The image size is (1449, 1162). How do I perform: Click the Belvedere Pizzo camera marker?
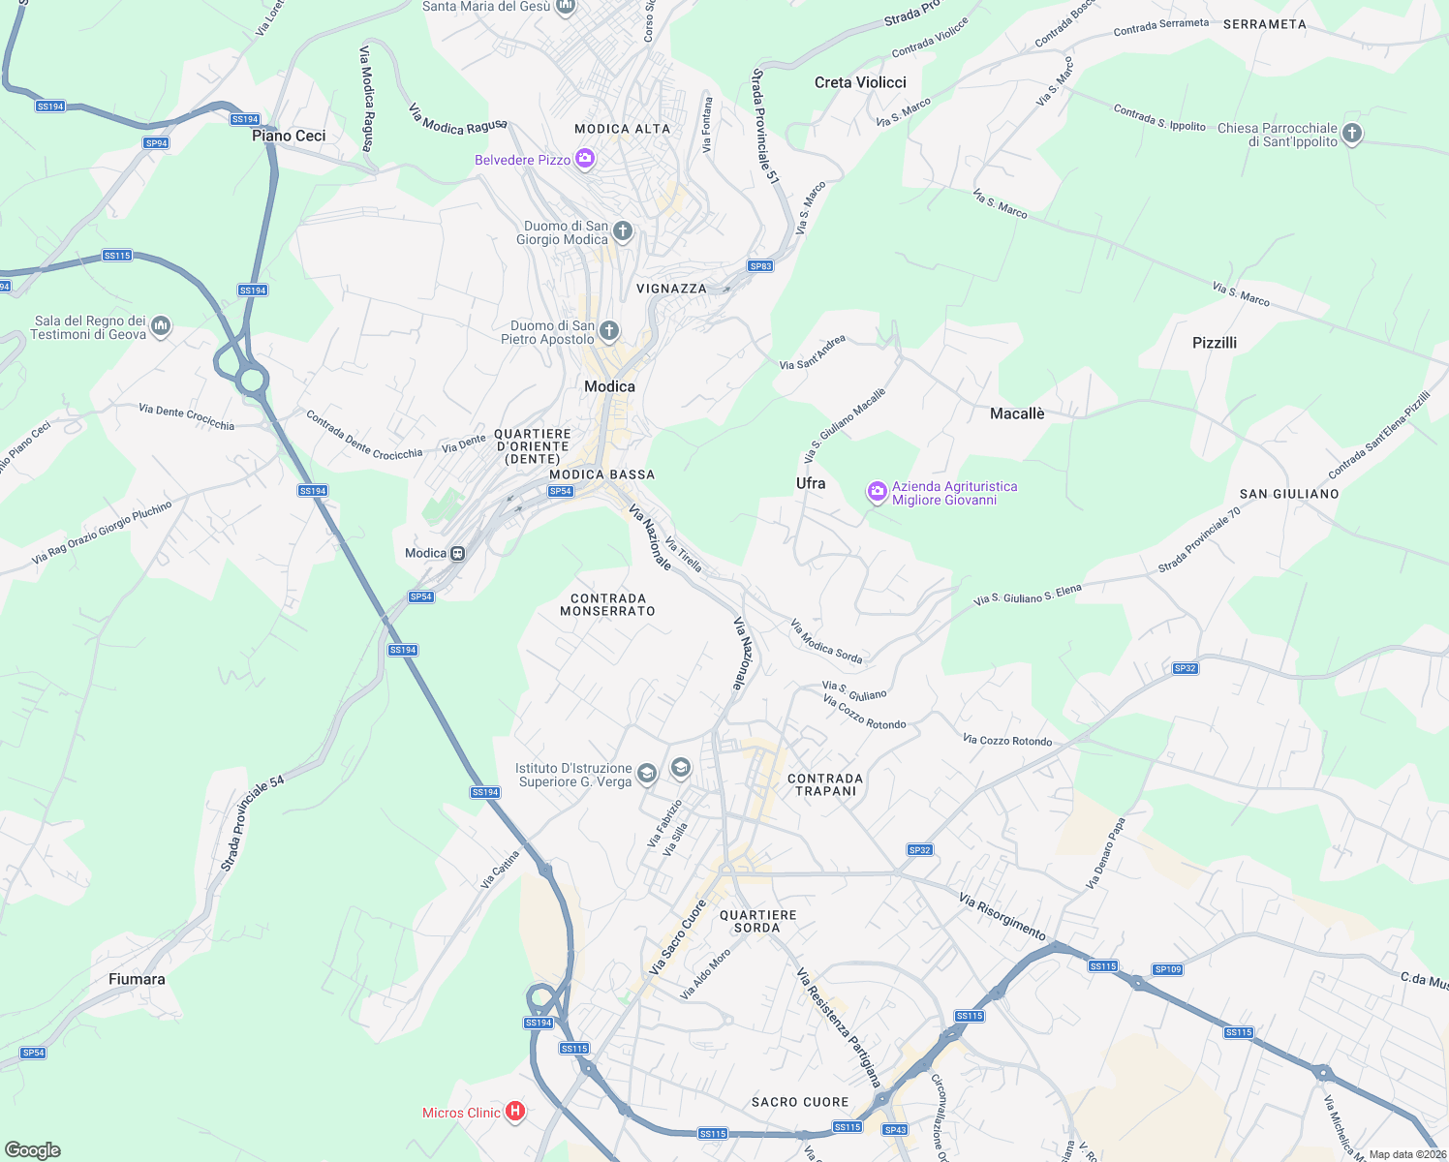point(584,159)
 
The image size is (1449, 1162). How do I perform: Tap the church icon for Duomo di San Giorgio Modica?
point(623,231)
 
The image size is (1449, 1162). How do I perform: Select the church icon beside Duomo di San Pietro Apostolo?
point(608,331)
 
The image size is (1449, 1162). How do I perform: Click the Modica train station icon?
point(457,553)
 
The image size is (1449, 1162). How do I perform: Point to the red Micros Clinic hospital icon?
point(515,1112)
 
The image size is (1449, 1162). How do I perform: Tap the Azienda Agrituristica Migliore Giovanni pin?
point(877,492)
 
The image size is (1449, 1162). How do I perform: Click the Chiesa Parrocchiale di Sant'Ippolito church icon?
point(1352,134)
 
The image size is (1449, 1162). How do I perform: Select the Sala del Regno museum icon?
point(162,326)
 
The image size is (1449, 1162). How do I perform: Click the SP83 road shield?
point(760,266)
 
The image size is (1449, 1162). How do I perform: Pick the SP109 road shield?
point(1167,969)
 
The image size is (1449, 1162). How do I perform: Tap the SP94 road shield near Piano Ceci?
point(156,143)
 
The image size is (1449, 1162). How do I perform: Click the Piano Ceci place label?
point(289,136)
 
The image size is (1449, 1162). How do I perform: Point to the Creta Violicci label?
point(860,82)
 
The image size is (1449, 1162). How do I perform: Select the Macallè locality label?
point(1017,413)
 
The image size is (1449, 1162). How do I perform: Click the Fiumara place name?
point(137,979)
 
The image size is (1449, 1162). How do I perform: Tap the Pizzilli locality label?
point(1215,343)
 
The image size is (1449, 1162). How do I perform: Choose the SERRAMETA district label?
point(1264,24)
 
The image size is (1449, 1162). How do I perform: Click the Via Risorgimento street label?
point(1002,916)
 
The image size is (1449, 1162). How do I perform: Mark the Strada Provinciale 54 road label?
point(252,823)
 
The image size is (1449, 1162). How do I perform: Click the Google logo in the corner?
point(33,1149)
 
